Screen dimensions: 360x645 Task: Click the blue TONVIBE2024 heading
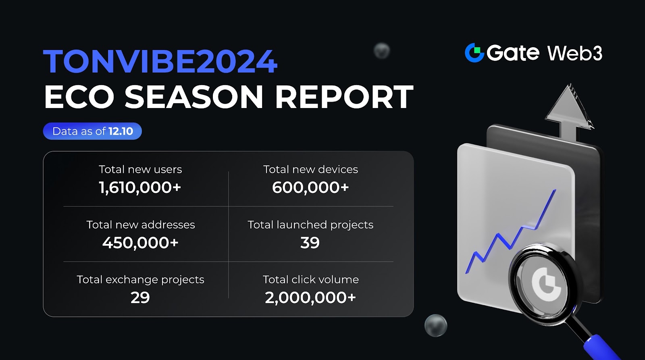click(x=160, y=61)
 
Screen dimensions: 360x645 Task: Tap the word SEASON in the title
click(x=193, y=97)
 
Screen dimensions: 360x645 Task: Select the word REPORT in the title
click(x=344, y=97)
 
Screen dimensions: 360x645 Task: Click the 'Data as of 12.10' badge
click(x=92, y=131)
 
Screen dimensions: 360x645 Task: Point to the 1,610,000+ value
click(x=140, y=187)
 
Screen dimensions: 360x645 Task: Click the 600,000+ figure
click(x=310, y=187)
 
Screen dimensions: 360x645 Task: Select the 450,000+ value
click(x=140, y=243)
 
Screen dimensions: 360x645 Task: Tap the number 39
click(x=310, y=243)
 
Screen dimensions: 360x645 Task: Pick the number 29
click(x=140, y=298)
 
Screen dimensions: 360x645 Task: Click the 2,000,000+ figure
click(x=310, y=298)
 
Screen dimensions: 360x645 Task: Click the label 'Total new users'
click(x=140, y=169)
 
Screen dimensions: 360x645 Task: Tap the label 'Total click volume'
click(x=310, y=279)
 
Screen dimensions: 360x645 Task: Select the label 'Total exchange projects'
click(x=140, y=279)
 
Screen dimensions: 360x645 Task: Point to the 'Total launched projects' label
click(x=310, y=225)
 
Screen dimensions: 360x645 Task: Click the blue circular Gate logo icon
click(x=474, y=53)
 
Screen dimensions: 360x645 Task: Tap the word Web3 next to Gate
click(x=574, y=53)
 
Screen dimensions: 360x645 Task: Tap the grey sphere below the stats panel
click(x=436, y=325)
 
